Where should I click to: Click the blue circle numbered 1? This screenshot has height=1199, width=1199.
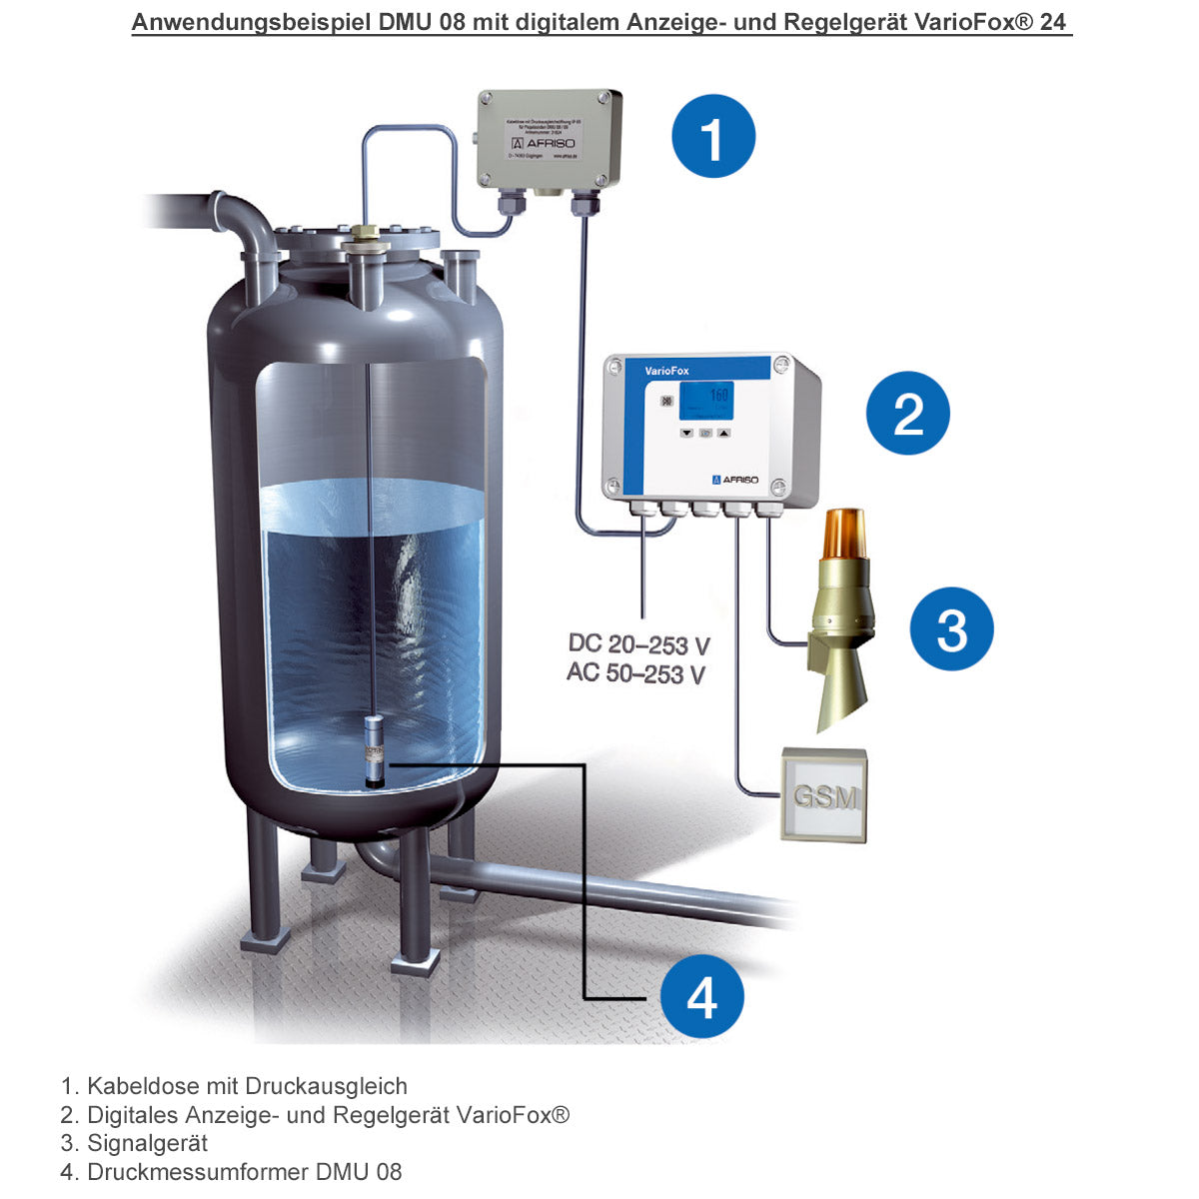pyautogui.click(x=713, y=137)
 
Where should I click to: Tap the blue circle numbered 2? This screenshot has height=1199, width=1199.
pyautogui.click(x=907, y=413)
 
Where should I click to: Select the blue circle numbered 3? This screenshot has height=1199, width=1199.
pyautogui.click(x=951, y=629)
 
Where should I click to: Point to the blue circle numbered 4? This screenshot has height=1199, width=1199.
pyautogui.click(x=701, y=996)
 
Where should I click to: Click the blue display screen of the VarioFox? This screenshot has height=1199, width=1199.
pyautogui.click(x=705, y=401)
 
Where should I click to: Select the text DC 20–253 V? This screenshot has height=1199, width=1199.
pyautogui.click(x=638, y=643)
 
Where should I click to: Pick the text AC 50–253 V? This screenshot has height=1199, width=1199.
pyautogui.click(x=636, y=673)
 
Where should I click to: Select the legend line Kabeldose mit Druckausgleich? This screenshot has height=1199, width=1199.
pyautogui.click(x=247, y=1086)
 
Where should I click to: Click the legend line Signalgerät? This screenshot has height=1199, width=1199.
pyautogui.click(x=147, y=1143)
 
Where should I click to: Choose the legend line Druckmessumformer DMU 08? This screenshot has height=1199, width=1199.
pyautogui.click(x=244, y=1172)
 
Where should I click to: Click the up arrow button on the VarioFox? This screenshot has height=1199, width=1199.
pyautogui.click(x=724, y=435)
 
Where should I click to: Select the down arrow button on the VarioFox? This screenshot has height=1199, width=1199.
pyautogui.click(x=686, y=435)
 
